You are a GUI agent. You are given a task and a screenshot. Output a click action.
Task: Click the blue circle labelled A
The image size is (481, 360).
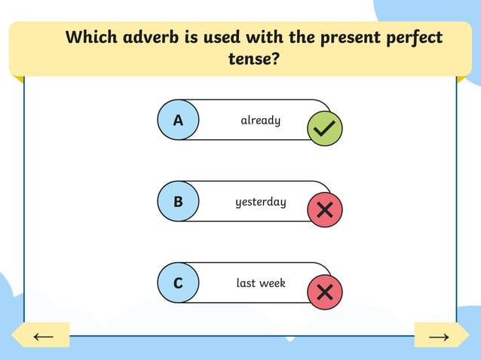178,121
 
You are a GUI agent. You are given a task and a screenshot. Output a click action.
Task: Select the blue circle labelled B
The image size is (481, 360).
178,202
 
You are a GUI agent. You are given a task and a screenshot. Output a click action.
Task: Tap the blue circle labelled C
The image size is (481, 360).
178,283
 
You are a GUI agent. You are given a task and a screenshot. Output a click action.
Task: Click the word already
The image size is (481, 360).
260,120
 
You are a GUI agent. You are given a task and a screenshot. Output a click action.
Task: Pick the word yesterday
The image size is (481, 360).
260,202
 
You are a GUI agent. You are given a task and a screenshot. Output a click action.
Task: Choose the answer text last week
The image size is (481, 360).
261,283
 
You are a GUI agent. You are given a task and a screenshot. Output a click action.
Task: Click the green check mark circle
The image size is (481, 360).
325,129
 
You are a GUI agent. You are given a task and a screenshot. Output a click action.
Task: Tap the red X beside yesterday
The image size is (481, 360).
325,210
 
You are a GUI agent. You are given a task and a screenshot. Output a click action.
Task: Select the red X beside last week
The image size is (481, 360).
325,291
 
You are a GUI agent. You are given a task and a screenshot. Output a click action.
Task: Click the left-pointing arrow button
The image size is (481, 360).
42,336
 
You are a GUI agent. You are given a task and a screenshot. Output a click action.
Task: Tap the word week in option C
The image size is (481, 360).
271,283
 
